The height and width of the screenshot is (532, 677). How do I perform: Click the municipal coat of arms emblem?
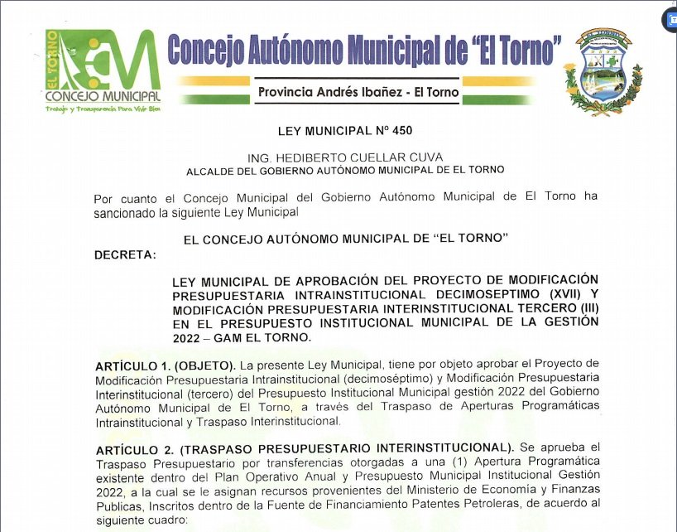tap(603, 71)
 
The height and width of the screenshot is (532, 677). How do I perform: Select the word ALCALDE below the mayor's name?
tap(209, 170)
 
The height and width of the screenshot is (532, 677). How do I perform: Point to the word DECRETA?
tap(125, 254)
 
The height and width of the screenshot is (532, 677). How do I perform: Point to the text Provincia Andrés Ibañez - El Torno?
tap(358, 92)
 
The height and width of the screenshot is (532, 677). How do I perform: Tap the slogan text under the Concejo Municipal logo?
tap(103, 109)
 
